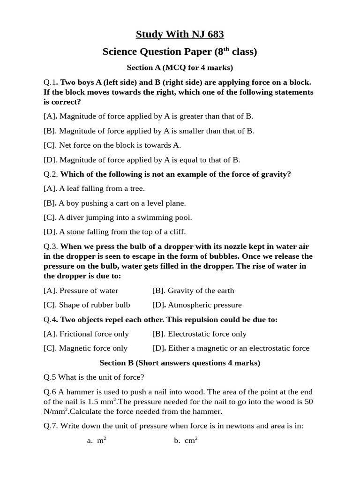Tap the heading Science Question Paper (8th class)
point(180,52)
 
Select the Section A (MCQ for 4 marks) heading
point(180,67)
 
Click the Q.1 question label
point(50,82)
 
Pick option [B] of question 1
point(149,131)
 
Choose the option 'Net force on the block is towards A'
point(112,145)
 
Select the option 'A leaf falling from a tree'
point(94,188)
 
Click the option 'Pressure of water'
point(81,291)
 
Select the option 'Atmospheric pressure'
point(197,305)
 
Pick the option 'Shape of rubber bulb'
point(87,305)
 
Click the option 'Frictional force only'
point(86,334)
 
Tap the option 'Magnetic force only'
point(85,348)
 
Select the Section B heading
point(180,363)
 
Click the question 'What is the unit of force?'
point(94,377)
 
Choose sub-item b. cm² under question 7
point(186,441)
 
